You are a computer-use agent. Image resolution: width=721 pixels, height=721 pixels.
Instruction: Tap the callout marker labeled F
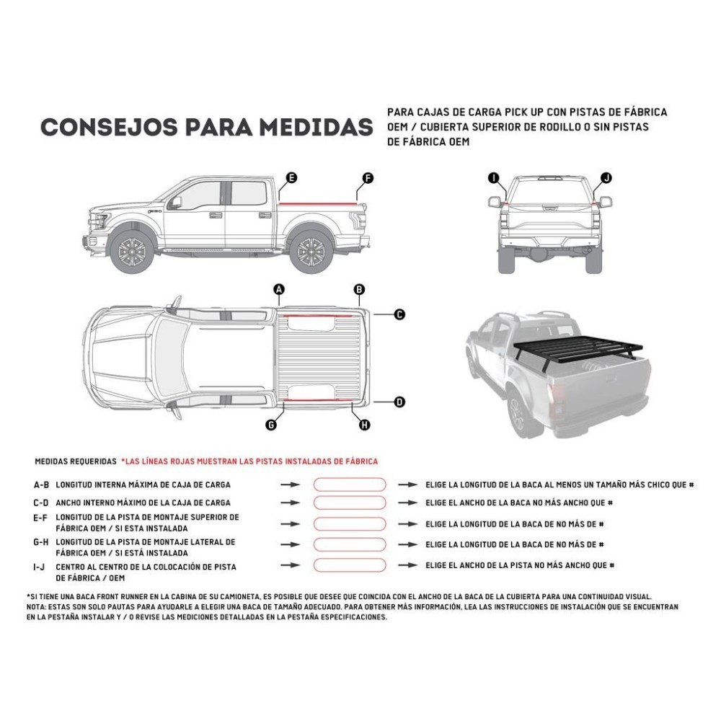tap(368, 177)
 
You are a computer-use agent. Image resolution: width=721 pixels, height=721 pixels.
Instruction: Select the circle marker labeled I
tap(493, 177)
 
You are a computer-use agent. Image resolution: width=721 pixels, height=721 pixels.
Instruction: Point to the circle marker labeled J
tap(606, 177)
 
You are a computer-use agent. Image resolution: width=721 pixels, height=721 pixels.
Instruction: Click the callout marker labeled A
tap(280, 290)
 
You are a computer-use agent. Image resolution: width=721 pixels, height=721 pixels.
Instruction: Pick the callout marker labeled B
tap(359, 290)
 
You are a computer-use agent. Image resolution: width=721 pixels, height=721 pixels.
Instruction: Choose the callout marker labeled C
tap(399, 314)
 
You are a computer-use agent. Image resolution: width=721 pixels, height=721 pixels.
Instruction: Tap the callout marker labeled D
tap(399, 402)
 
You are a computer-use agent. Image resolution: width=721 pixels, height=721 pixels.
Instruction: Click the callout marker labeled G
tap(271, 425)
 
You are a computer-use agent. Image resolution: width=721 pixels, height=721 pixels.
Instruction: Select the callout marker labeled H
tap(365, 425)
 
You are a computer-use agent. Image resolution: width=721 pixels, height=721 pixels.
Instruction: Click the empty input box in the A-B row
tap(349, 485)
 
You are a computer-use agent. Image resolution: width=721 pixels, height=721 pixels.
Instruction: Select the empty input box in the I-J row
tap(349, 566)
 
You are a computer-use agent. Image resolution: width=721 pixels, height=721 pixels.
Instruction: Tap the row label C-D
tap(41, 503)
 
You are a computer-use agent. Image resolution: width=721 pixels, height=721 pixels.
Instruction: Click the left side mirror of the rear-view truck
tap(496, 200)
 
